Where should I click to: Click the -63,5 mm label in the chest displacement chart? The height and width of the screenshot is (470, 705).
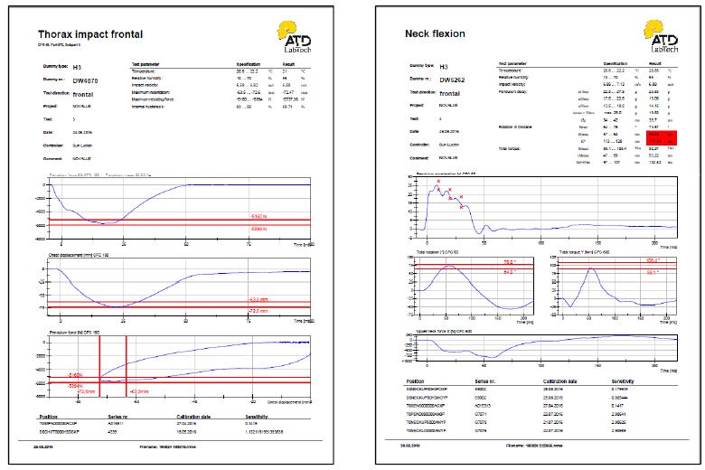point(258,299)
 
